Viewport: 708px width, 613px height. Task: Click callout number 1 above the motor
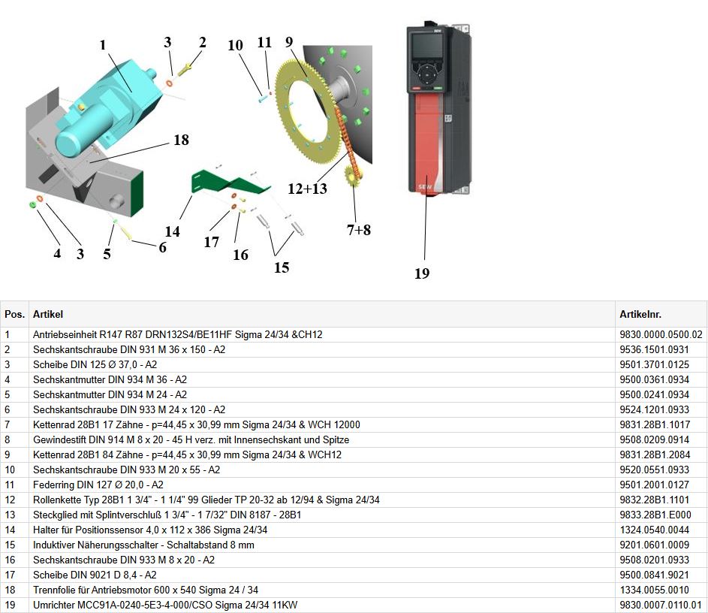(x=103, y=45)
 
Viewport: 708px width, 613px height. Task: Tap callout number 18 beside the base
(x=181, y=140)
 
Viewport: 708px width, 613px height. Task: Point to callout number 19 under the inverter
(x=422, y=273)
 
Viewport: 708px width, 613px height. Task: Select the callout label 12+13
(x=308, y=189)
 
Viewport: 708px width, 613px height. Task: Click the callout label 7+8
(x=359, y=230)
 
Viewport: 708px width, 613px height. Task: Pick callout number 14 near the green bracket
(x=173, y=231)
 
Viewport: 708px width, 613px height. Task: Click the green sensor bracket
(x=225, y=182)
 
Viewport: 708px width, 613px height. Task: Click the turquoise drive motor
(x=113, y=105)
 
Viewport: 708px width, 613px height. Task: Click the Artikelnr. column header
(x=640, y=315)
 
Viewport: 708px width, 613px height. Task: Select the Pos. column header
(x=14, y=315)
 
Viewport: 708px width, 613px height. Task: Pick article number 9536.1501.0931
(x=654, y=349)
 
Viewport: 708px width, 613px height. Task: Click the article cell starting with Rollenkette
(x=206, y=500)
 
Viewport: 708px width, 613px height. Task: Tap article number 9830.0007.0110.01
(x=660, y=605)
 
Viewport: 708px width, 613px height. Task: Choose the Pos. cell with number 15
(x=10, y=545)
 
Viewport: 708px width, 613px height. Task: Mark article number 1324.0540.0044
(x=654, y=530)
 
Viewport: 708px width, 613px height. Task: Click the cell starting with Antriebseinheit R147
(x=177, y=334)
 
